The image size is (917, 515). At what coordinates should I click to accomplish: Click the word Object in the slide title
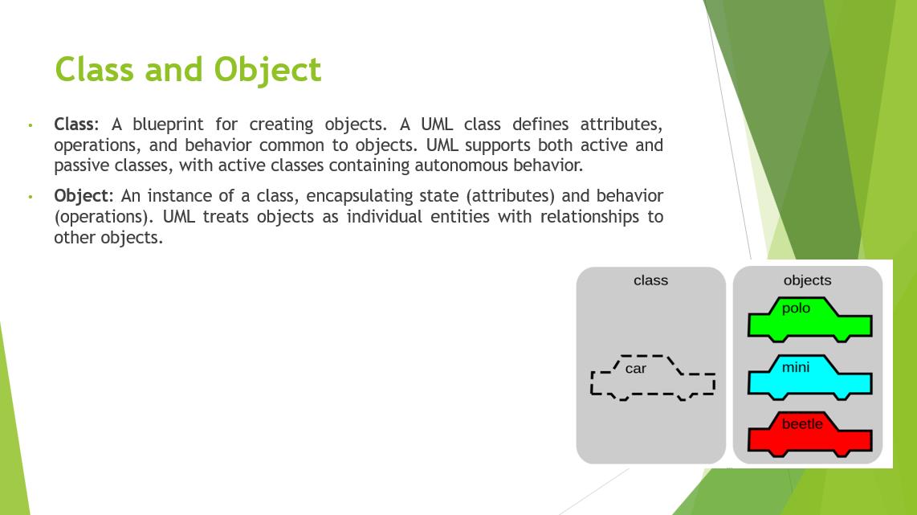click(267, 70)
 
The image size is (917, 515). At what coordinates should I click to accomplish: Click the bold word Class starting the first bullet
click(74, 124)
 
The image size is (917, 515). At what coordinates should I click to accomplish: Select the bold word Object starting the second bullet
click(81, 195)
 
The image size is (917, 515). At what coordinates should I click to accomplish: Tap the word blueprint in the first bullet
click(168, 125)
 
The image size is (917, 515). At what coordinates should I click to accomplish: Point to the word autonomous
click(462, 166)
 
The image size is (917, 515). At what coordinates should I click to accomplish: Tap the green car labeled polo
click(810, 320)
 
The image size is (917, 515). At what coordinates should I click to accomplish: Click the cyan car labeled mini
click(810, 378)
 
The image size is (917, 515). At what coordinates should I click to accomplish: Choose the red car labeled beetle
click(810, 434)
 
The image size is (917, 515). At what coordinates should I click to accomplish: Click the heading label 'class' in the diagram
click(650, 281)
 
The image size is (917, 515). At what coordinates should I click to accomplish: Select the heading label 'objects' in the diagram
click(807, 281)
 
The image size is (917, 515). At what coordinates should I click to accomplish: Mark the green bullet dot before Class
click(31, 125)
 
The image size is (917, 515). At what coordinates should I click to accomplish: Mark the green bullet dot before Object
click(31, 197)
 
